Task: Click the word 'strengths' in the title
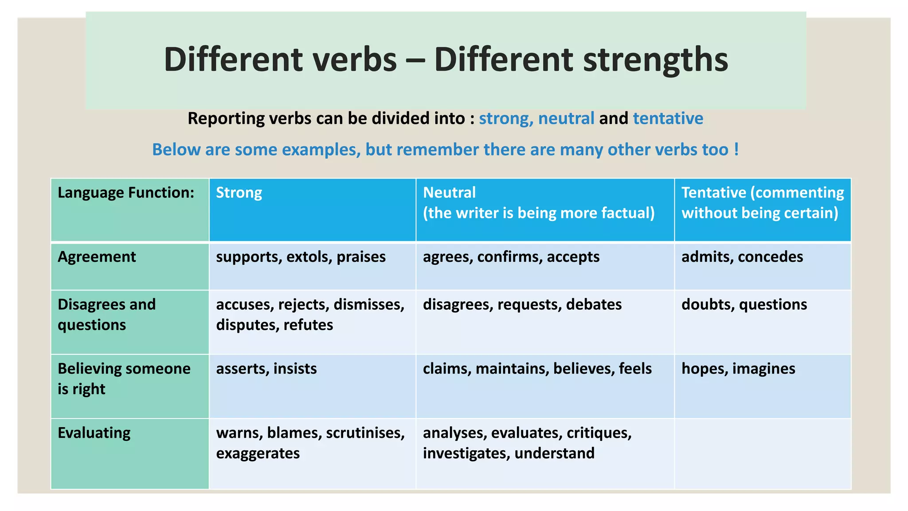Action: (655, 60)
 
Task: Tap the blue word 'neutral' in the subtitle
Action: (566, 118)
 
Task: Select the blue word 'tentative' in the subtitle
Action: (668, 118)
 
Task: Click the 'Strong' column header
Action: (239, 193)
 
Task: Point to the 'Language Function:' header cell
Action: (126, 193)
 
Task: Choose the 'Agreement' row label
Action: (97, 257)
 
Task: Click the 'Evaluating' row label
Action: (94, 433)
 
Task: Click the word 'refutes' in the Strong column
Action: (308, 325)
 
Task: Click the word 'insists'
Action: (295, 369)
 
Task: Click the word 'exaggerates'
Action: (258, 454)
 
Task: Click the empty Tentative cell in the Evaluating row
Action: (763, 453)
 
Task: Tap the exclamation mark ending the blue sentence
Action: (736, 149)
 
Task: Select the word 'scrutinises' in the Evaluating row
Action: (365, 433)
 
